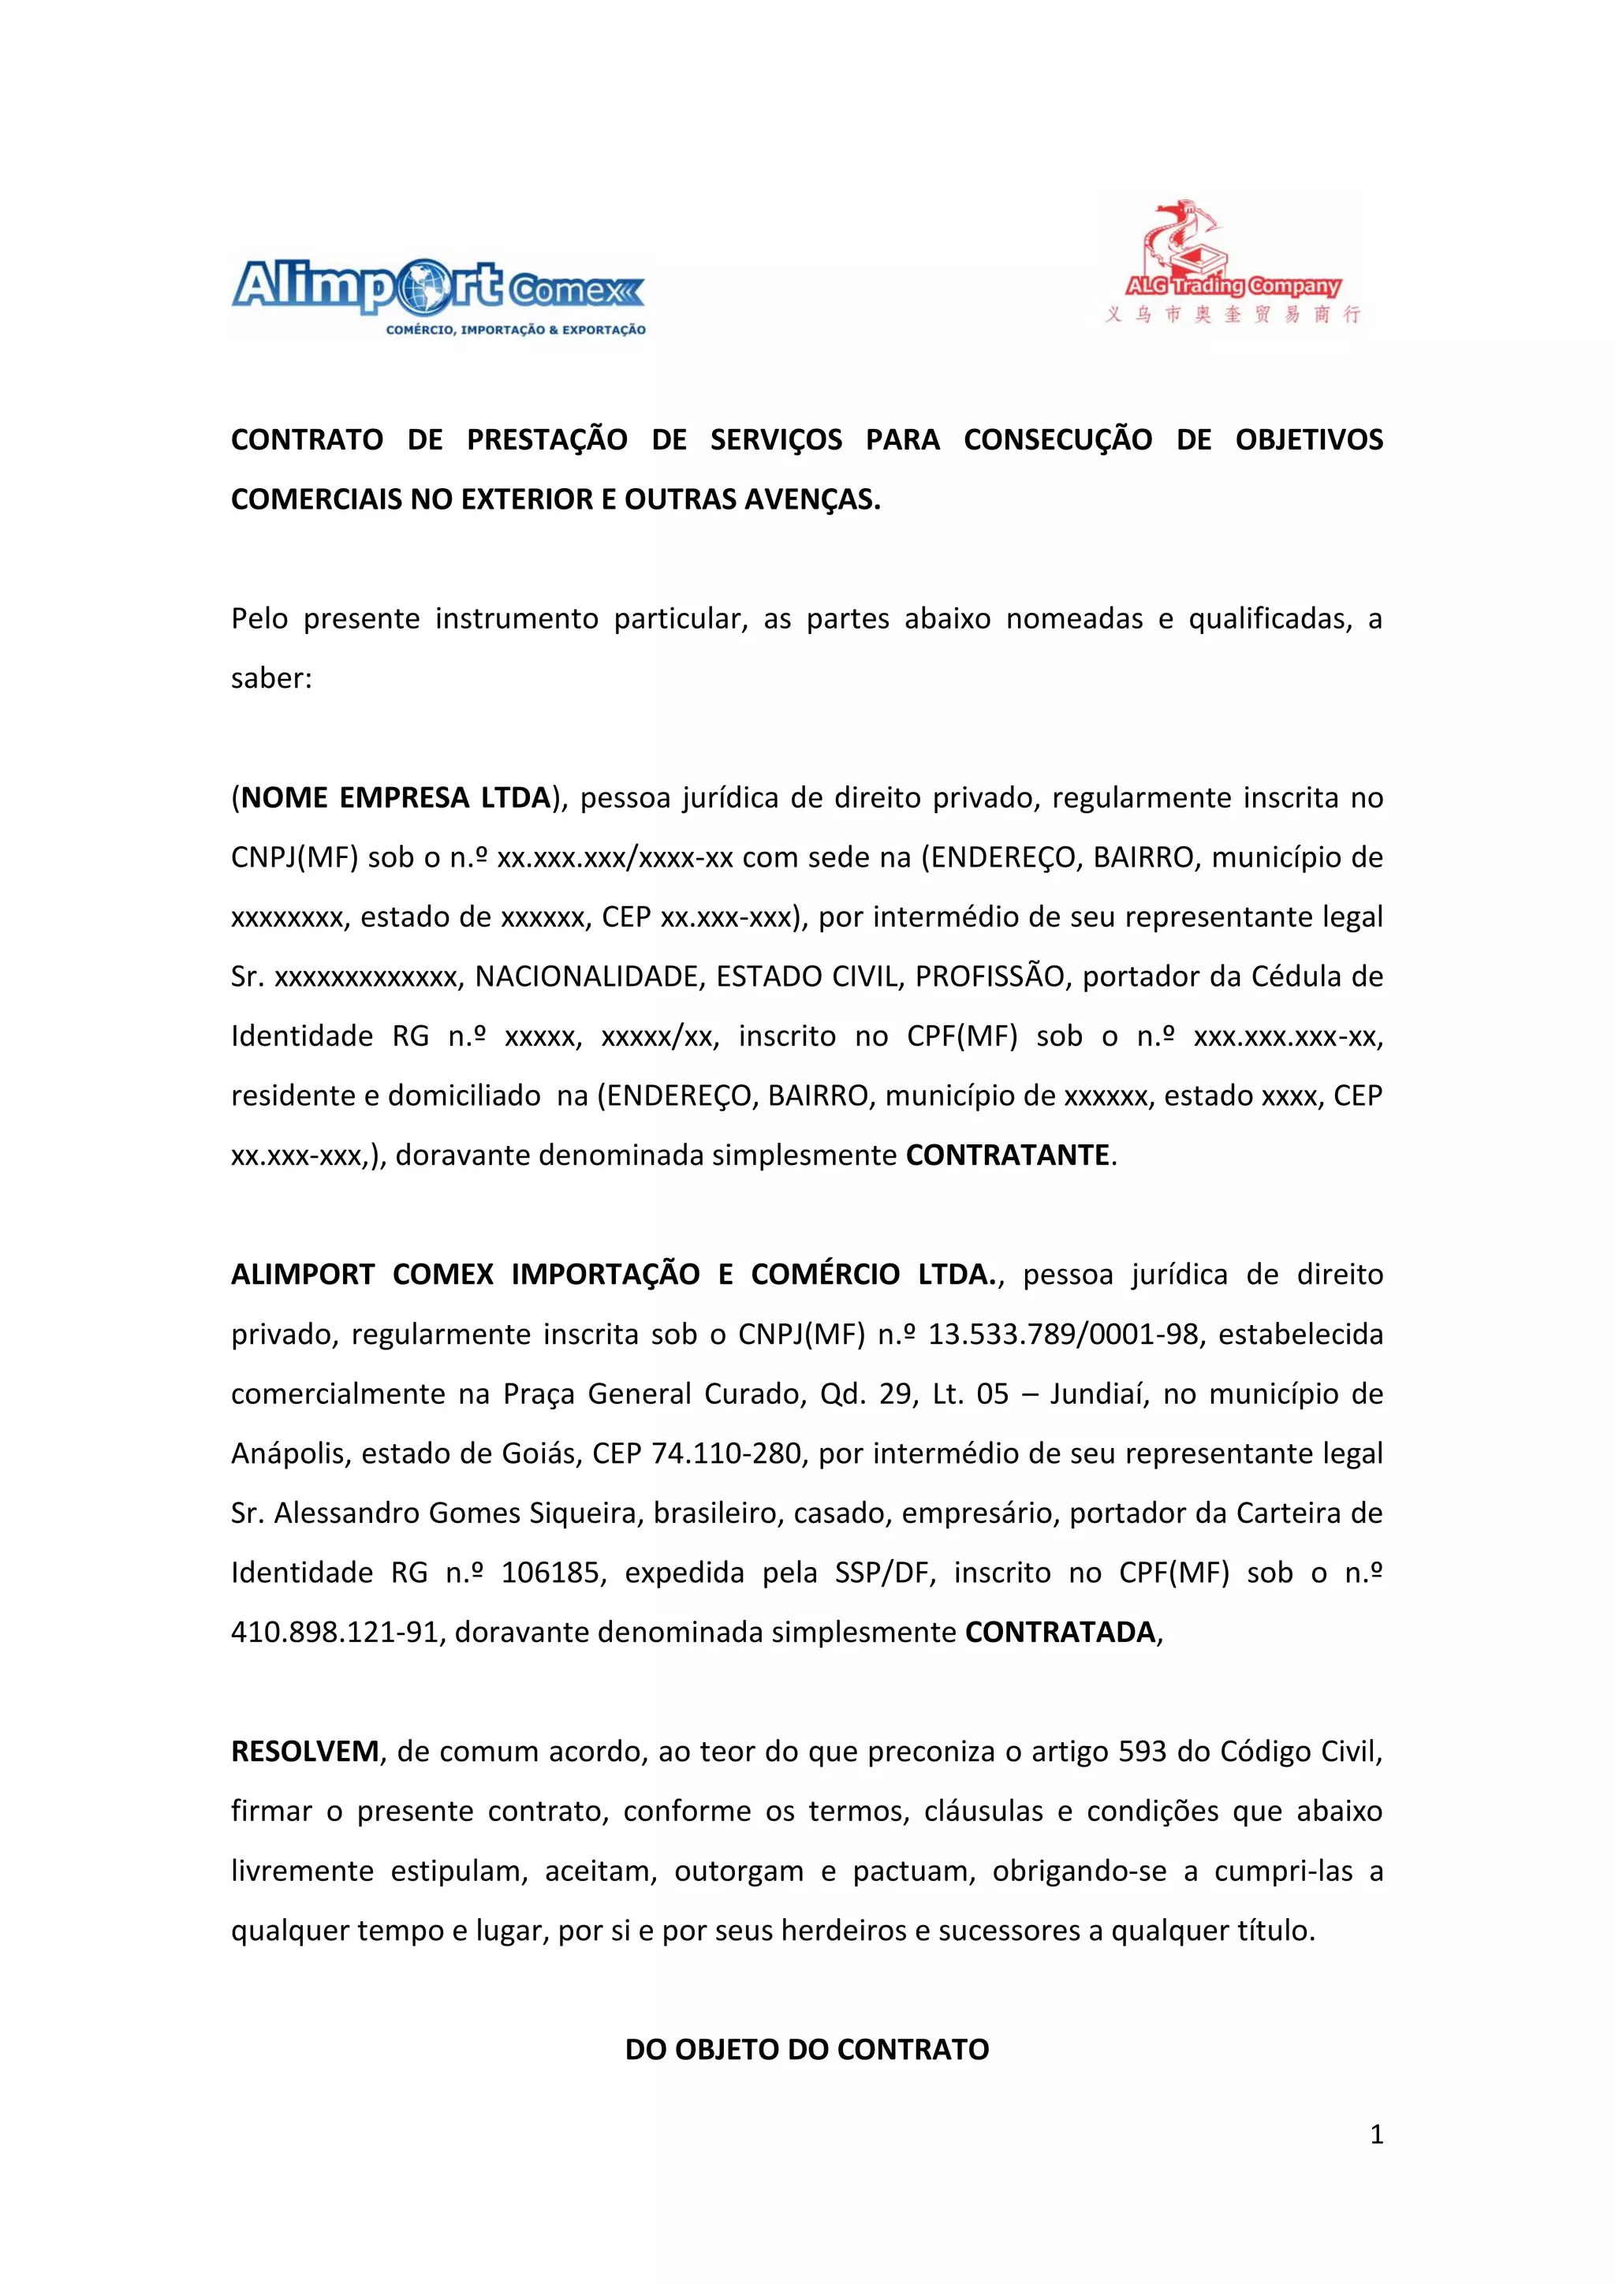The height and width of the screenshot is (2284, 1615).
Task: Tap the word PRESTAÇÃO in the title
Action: (x=547, y=440)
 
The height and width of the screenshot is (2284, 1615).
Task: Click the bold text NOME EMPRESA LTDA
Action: (x=396, y=798)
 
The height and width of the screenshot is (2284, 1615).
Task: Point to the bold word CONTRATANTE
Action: (x=1007, y=1155)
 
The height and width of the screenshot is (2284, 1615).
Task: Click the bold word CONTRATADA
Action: (x=1060, y=1633)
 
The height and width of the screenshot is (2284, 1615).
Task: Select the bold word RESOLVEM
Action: (x=305, y=1752)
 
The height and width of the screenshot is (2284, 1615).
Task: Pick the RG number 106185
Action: (x=553, y=1573)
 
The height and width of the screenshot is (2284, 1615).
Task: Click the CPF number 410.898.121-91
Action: (x=334, y=1633)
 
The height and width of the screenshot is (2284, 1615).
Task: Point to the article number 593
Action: (x=1142, y=1752)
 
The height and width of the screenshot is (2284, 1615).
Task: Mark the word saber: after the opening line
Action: (x=271, y=678)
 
